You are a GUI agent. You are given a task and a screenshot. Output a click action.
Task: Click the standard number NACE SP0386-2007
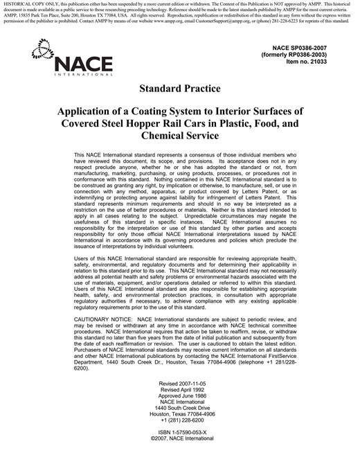[x=308, y=46]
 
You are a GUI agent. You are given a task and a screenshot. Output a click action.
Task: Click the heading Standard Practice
[x=179, y=89]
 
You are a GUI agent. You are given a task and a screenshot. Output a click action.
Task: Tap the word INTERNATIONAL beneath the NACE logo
[x=82, y=74]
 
